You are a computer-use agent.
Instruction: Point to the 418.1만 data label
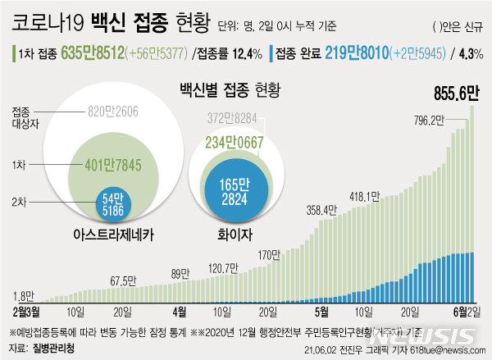(363, 196)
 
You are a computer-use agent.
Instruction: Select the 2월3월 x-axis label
(27, 312)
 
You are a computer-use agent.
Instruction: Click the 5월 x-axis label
(322, 312)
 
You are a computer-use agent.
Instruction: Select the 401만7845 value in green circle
(112, 165)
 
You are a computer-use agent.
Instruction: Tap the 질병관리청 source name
(54, 351)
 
